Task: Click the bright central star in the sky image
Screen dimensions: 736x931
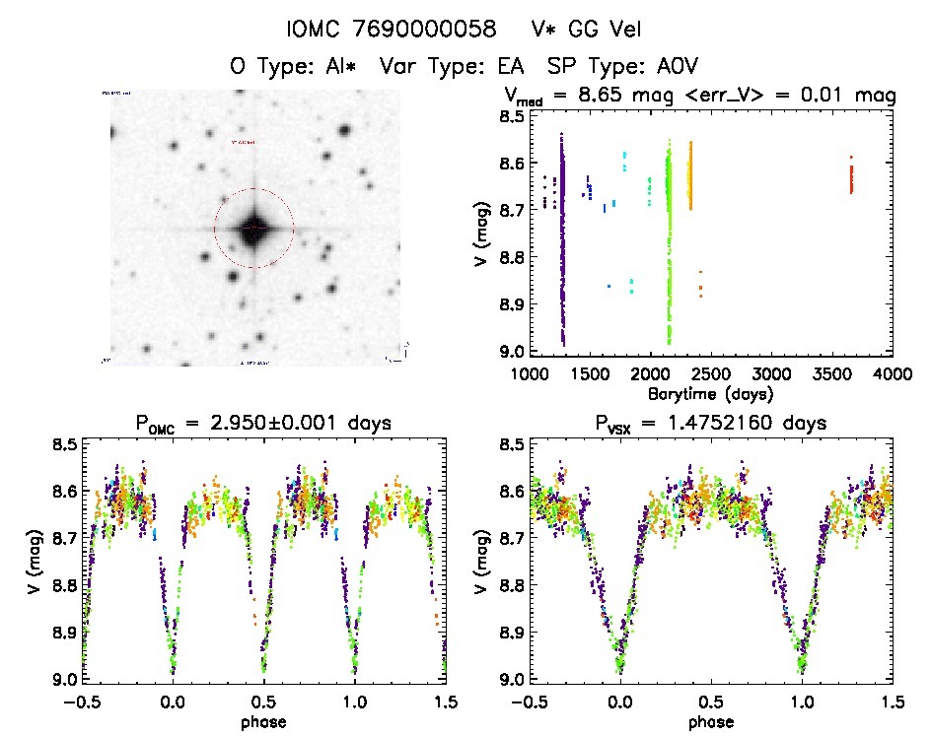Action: click(x=253, y=228)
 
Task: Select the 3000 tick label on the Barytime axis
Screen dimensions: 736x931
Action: click(x=772, y=374)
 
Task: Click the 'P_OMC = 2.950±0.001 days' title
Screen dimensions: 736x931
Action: click(x=263, y=424)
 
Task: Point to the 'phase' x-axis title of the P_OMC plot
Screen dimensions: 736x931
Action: click(x=263, y=720)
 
